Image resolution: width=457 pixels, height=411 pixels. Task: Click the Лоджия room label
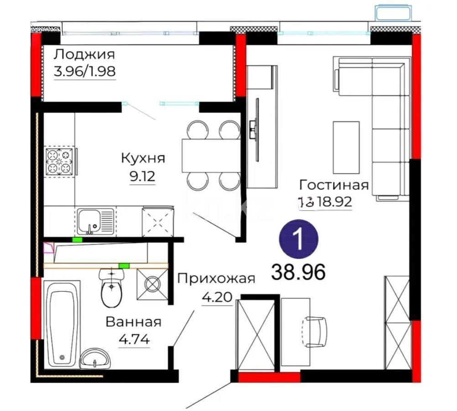84,55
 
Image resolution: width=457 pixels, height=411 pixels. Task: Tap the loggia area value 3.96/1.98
84,72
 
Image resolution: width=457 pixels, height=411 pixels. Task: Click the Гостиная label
334,185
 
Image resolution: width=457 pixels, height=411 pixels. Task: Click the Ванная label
134,322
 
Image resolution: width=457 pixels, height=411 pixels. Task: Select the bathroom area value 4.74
134,340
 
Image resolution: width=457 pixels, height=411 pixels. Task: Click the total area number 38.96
298,272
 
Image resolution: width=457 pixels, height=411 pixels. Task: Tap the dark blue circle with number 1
298,238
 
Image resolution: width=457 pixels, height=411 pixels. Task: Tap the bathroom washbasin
95,358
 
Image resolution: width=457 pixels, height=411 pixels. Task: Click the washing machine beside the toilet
152,285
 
